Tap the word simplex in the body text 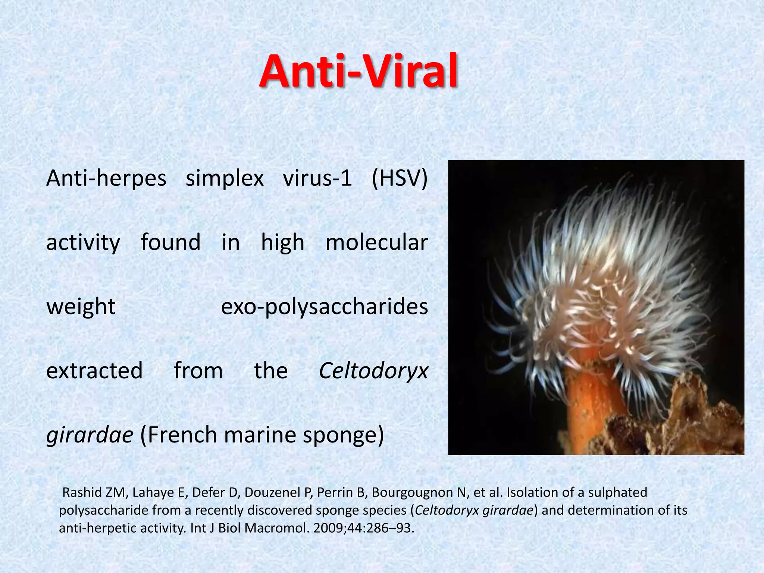pyautogui.click(x=225, y=178)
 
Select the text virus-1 pyautogui.click(x=317, y=178)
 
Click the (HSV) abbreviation pyautogui.click(x=400, y=178)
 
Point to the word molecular pyautogui.click(x=376, y=242)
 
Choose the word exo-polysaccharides pyautogui.click(x=325, y=307)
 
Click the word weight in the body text pyautogui.click(x=81, y=307)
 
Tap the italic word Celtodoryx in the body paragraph pyautogui.click(x=373, y=371)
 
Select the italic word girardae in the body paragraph pyautogui.click(x=90, y=435)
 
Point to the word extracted pyautogui.click(x=94, y=371)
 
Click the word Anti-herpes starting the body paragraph pyautogui.click(x=106, y=178)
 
